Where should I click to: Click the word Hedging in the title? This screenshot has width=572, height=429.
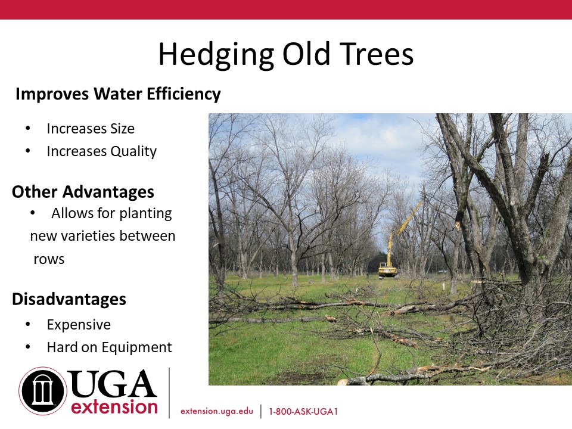(x=216, y=55)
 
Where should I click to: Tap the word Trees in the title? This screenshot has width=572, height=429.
(x=377, y=54)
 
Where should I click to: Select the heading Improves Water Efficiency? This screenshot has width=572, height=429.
(x=118, y=94)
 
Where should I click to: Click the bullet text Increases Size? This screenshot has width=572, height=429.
(x=91, y=129)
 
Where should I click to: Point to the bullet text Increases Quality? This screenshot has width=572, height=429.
(x=102, y=151)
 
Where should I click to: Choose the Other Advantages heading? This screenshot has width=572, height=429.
(x=83, y=192)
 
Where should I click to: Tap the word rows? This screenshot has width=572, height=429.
(x=49, y=260)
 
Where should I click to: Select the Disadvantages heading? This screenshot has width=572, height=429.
(x=69, y=299)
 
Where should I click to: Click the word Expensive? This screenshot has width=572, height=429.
(x=79, y=325)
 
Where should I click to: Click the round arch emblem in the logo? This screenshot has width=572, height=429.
(x=43, y=391)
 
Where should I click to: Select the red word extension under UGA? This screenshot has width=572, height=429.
(x=114, y=407)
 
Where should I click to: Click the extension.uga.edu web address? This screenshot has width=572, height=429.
(x=217, y=411)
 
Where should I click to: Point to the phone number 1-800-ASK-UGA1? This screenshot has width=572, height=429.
(x=303, y=412)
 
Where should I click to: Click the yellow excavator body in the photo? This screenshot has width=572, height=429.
(x=388, y=270)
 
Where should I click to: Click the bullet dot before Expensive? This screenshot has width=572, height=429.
(x=28, y=324)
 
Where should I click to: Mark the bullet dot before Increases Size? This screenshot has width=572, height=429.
(x=28, y=128)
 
